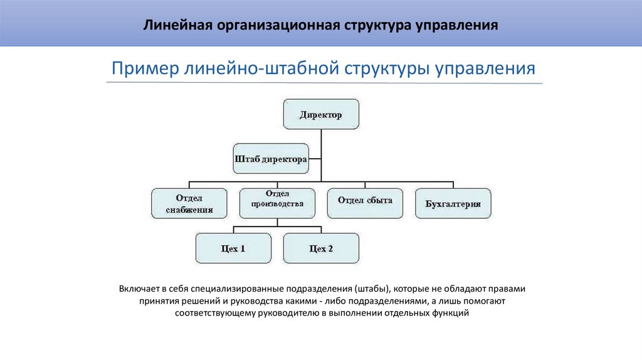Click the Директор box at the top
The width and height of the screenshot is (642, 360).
pos(321,115)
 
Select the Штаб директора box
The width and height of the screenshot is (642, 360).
pos(271,159)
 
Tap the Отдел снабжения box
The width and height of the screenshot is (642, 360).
pos(189,202)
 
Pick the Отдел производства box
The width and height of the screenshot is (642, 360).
pos(276,202)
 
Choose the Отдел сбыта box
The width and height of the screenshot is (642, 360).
pos(365,202)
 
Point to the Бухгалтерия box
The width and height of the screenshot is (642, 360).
pos(453,203)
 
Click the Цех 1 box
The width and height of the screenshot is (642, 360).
pos(233,248)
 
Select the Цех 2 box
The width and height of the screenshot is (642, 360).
pos(321,248)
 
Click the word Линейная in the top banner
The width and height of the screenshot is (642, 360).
pos(178,26)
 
